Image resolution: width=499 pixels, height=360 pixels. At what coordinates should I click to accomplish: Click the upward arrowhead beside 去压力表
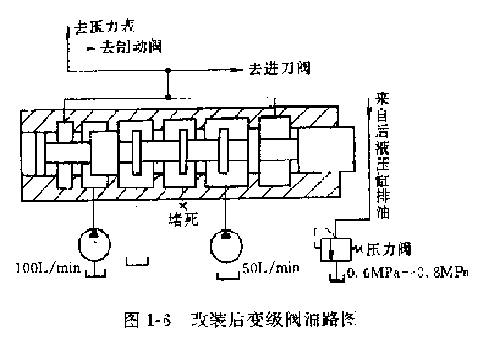coord(65,30)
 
